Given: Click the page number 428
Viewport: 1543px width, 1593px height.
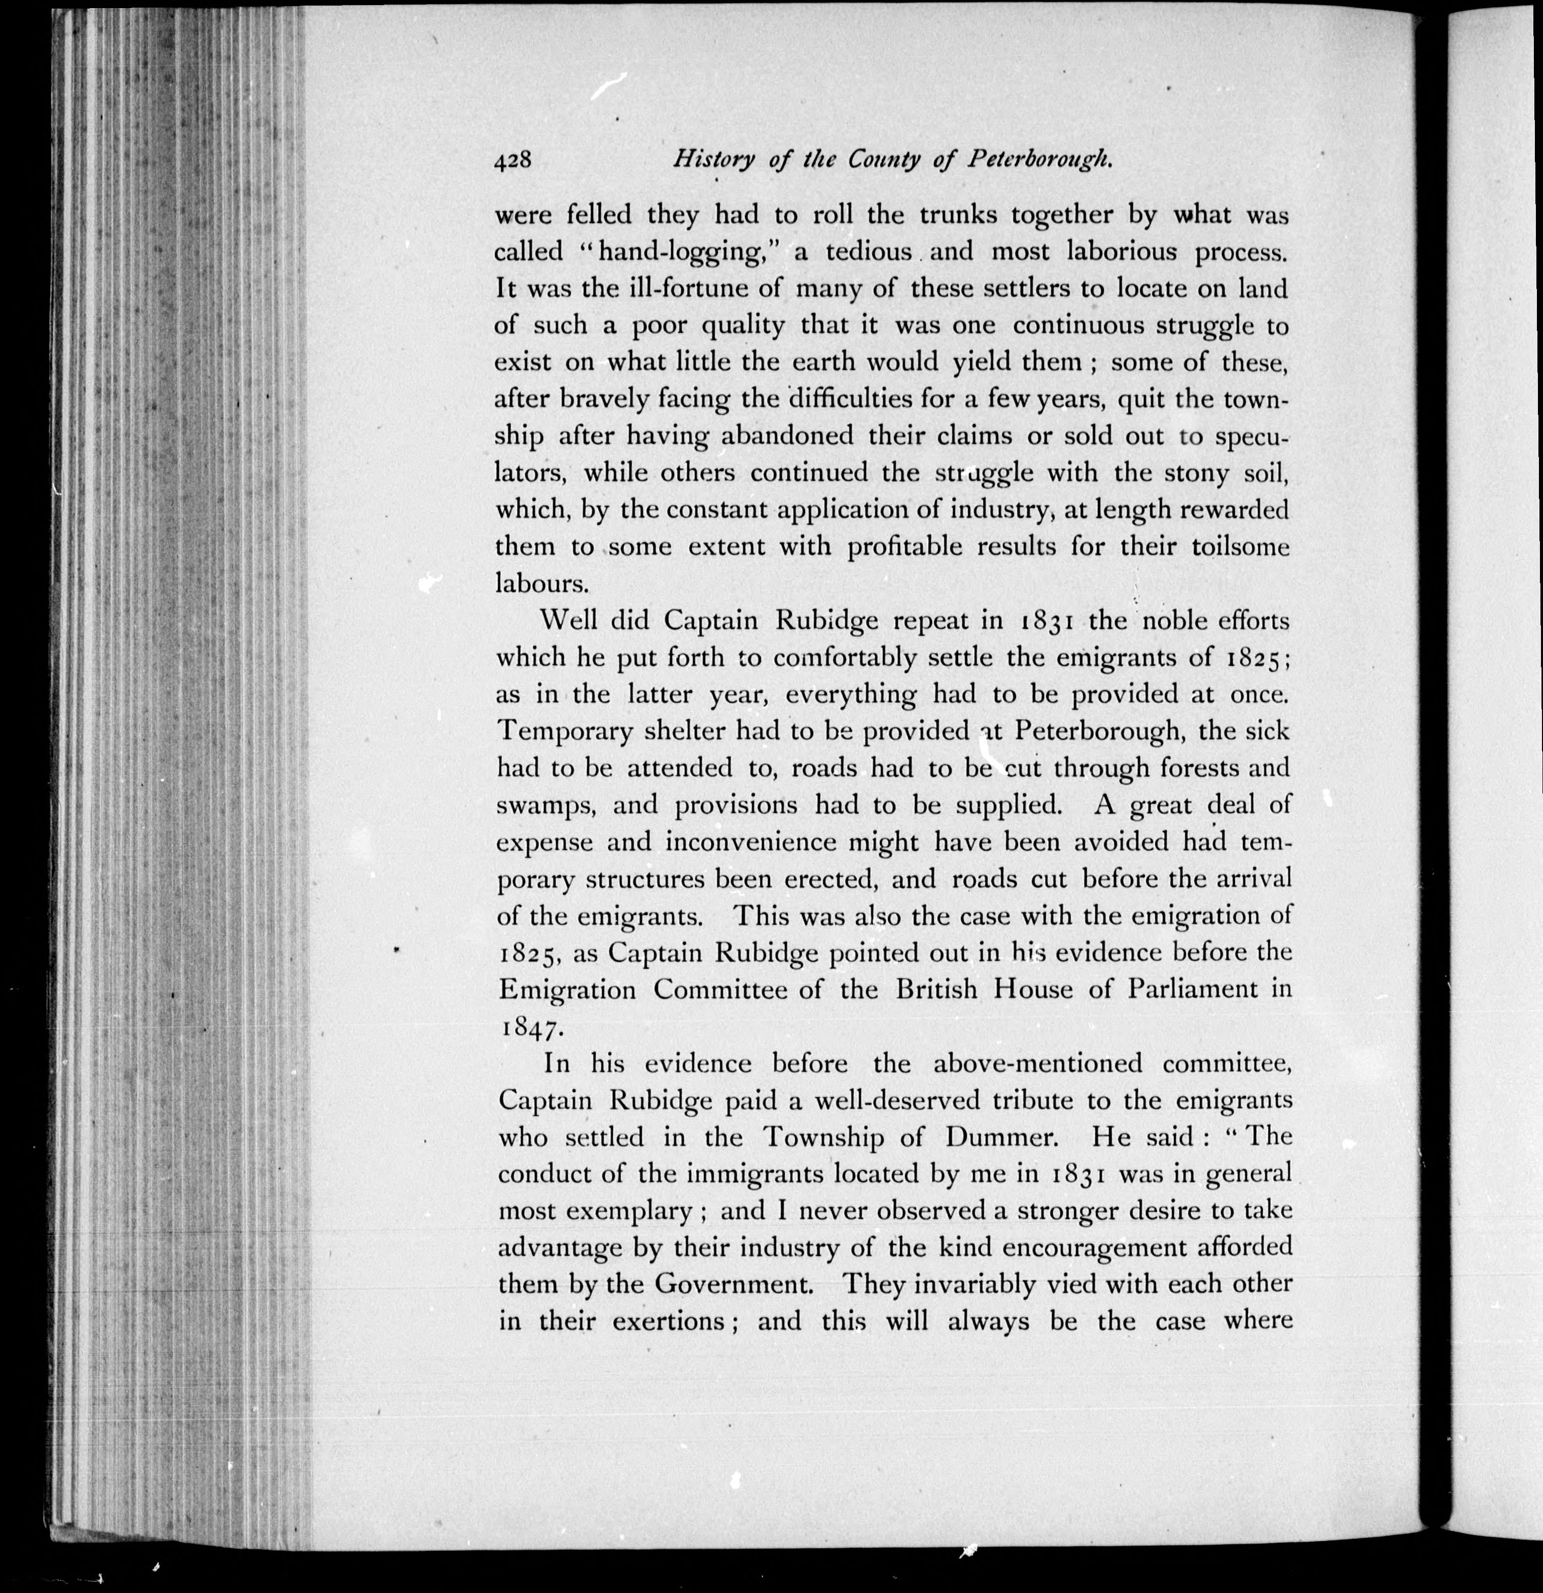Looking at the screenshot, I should (x=512, y=161).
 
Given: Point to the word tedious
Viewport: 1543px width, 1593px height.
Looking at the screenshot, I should (x=868, y=251).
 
